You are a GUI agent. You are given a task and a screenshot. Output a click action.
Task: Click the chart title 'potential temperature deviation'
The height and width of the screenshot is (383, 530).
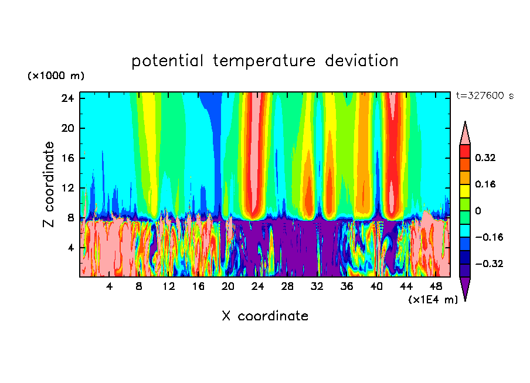(x=265, y=61)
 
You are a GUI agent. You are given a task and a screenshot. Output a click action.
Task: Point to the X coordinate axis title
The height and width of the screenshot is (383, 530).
(x=265, y=316)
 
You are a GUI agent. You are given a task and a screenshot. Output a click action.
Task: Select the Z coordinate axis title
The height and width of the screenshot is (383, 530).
(x=49, y=184)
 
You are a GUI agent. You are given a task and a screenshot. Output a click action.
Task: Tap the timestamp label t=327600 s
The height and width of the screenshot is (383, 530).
(x=485, y=96)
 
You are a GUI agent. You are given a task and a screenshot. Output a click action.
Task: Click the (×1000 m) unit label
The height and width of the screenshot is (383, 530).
(x=56, y=76)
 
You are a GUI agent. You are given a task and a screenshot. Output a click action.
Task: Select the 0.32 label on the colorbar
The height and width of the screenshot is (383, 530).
(x=485, y=158)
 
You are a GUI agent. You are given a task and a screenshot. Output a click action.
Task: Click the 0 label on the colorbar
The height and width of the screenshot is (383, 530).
(x=478, y=211)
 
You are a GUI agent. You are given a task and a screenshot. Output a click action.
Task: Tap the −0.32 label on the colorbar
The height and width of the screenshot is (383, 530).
(x=487, y=264)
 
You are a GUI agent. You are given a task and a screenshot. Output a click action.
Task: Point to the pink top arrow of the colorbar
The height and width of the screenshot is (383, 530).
(x=465, y=134)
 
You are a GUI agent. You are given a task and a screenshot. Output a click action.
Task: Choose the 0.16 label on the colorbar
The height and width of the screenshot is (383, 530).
(x=485, y=184)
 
